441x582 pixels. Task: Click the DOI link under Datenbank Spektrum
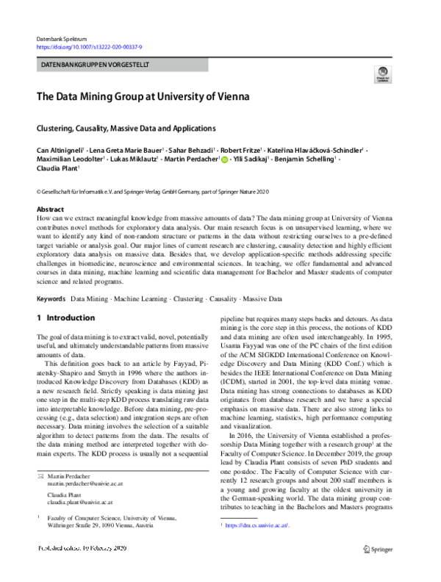coord(89,46)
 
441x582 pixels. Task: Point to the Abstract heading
coord(49,209)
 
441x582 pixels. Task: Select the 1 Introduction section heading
coord(65,318)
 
